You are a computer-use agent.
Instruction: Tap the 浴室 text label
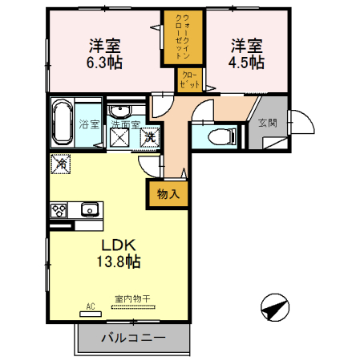[89, 124]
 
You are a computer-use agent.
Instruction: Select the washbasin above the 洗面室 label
[121, 111]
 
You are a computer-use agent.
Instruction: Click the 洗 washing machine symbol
[148, 136]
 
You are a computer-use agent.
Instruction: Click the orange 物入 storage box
[168, 193]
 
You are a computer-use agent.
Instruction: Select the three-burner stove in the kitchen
[59, 211]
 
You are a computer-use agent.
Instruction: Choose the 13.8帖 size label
[120, 262]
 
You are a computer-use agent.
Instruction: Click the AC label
[89, 305]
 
